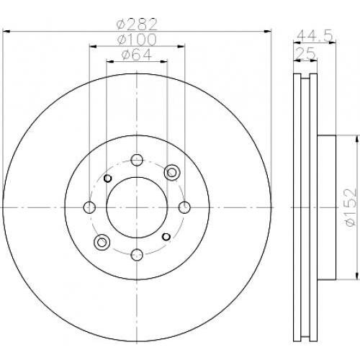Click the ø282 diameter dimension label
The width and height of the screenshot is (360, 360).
[x=137, y=24]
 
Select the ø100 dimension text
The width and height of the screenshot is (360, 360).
[x=137, y=40]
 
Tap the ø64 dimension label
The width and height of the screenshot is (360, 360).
[x=137, y=55]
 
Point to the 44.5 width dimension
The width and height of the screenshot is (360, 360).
[x=315, y=36]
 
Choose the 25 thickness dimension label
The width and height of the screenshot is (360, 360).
[x=305, y=53]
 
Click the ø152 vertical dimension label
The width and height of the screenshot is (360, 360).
[x=350, y=207]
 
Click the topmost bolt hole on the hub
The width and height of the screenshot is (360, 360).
[x=137, y=160]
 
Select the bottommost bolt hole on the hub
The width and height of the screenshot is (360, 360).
[x=137, y=255]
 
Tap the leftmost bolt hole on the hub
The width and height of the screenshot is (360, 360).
[x=89, y=207]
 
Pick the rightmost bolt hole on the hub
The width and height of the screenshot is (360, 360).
[x=184, y=207]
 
